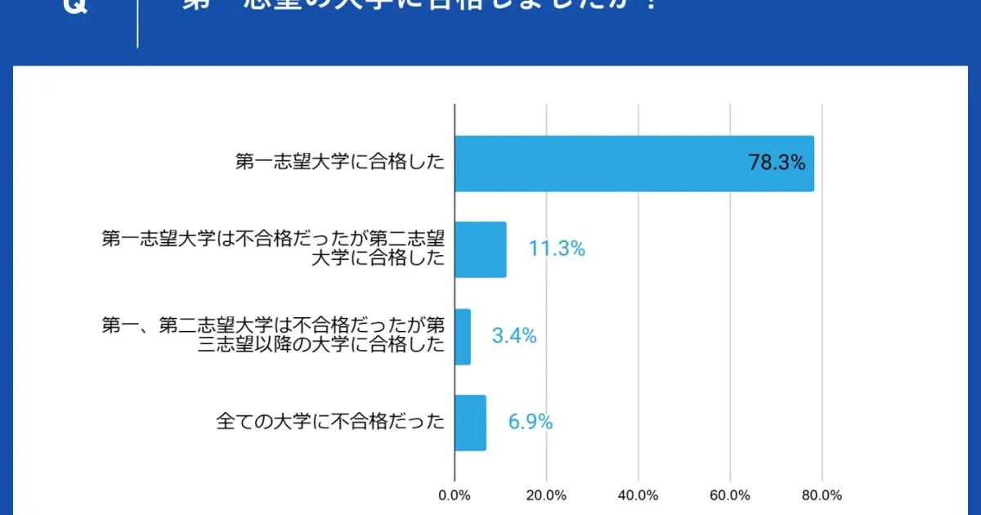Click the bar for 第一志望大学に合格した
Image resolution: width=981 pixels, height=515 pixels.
coord(634,163)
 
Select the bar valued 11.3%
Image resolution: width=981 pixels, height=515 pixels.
coord(481,249)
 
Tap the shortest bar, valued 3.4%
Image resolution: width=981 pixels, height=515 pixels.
coord(463,337)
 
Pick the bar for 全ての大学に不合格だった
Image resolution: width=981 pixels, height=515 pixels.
coord(470,423)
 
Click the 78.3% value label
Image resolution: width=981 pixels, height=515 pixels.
coord(777,163)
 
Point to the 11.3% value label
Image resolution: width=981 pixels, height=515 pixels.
coord(557,249)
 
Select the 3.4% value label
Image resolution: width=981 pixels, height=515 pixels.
coord(514,335)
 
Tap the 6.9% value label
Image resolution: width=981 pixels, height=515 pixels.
coord(531,422)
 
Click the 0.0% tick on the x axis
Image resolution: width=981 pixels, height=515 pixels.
coord(455,495)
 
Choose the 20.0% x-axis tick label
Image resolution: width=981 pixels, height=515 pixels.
coord(546,495)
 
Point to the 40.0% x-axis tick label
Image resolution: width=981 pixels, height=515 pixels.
coord(638,495)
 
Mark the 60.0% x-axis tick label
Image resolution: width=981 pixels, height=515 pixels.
coord(730,495)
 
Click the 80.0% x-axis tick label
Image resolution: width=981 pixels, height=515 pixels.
coord(822,495)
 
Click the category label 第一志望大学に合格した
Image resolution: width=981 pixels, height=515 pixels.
coord(340,163)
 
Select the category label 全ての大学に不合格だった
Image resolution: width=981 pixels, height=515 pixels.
coord(331,422)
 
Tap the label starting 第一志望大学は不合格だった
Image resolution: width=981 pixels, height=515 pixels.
coord(273,249)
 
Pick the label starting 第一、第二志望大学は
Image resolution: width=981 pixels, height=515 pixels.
coord(273,335)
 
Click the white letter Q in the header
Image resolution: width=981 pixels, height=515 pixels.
coord(74,7)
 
